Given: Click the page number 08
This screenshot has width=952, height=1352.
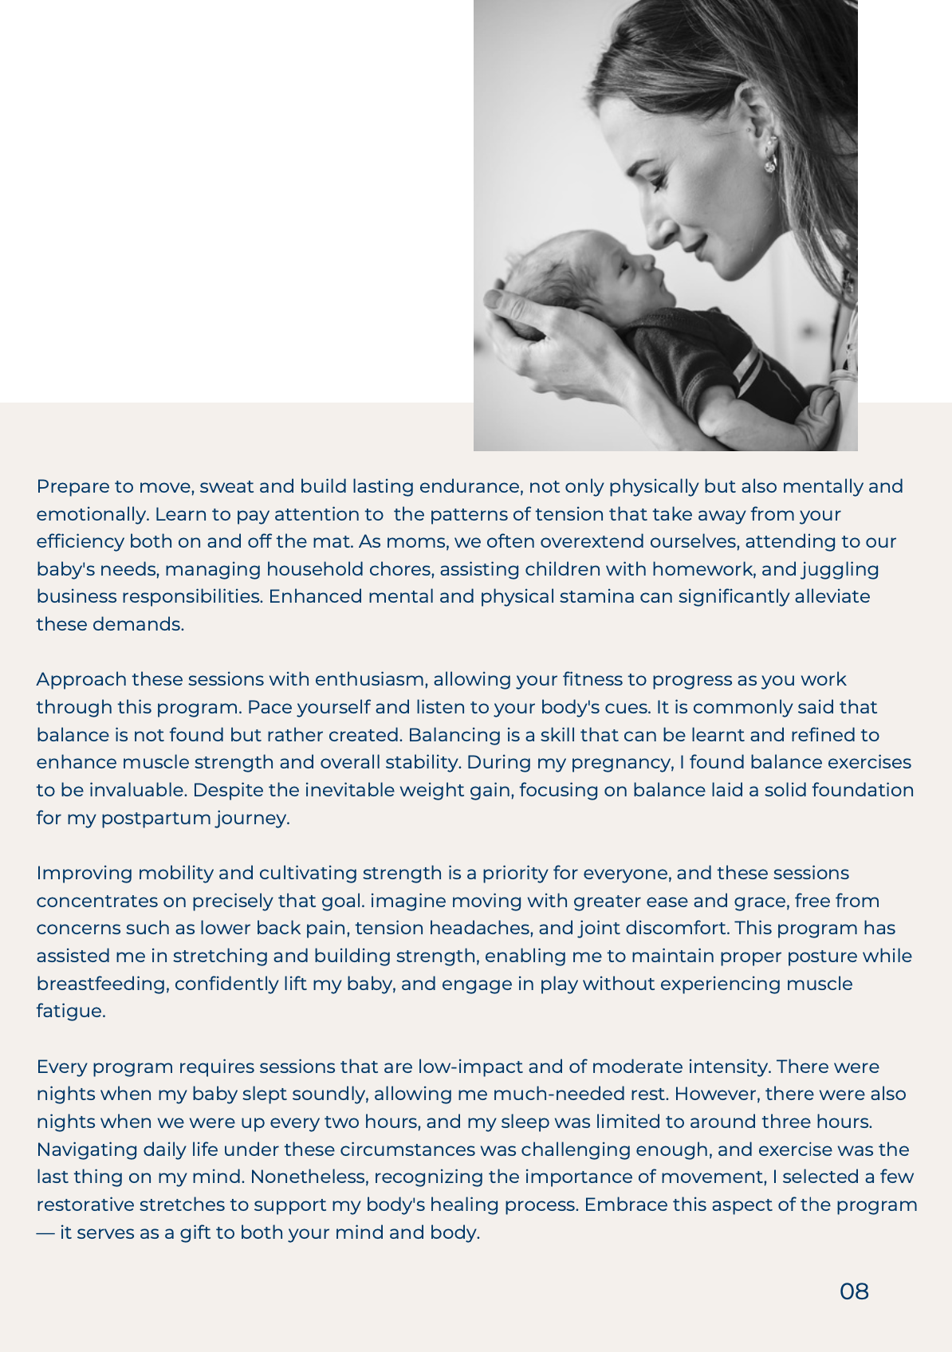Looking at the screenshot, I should [854, 1291].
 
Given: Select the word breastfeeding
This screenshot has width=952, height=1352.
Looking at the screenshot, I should [103, 984].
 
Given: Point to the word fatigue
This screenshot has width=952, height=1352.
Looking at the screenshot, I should [70, 1011].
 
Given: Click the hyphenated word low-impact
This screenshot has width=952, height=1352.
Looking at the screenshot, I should [470, 1067].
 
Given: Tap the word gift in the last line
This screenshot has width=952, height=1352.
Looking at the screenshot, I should [194, 1232].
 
